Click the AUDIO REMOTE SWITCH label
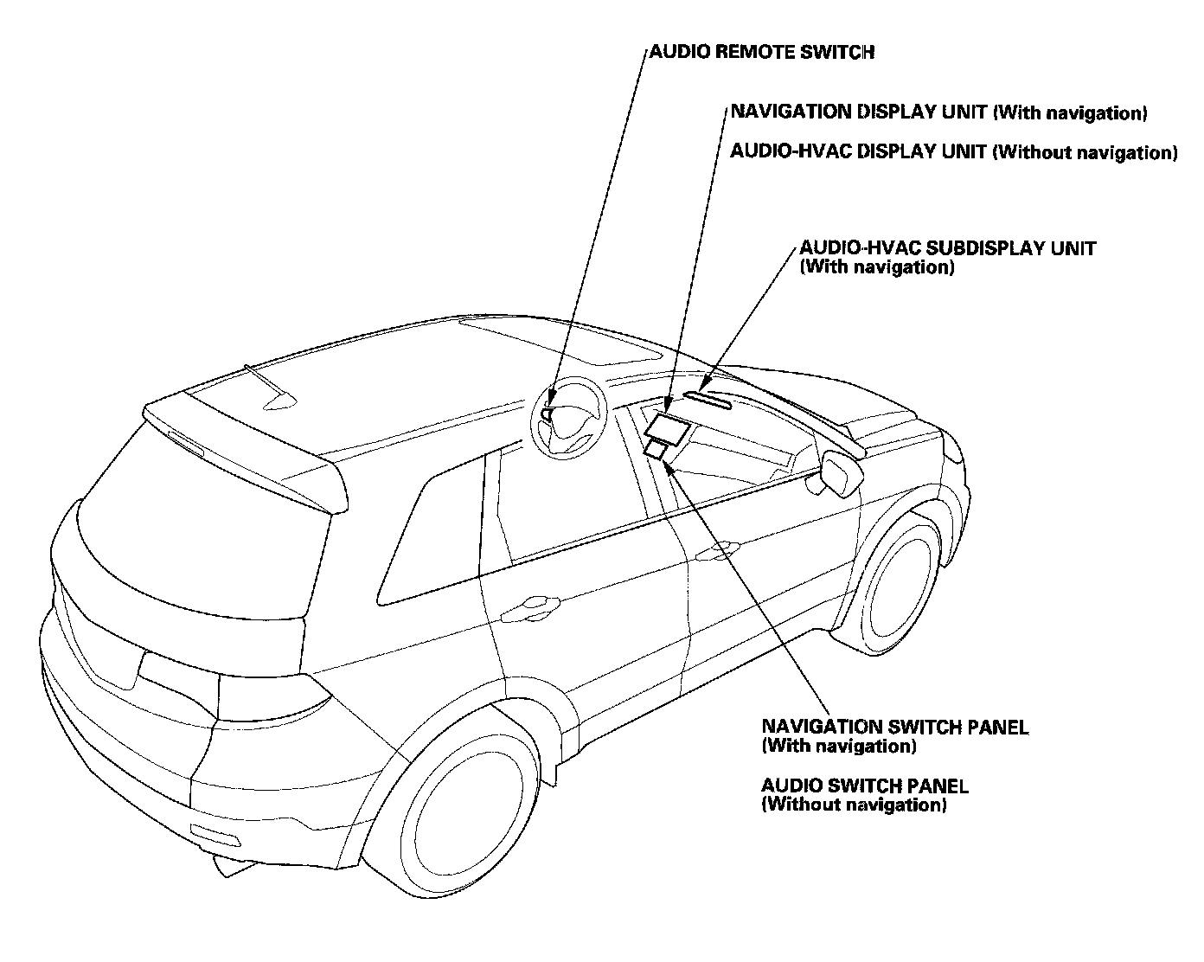pyautogui.click(x=761, y=52)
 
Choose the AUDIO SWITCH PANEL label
pyautogui.click(x=864, y=786)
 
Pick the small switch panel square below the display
pyautogui.click(x=658, y=450)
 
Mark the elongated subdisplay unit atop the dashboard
pyautogui.click(x=708, y=399)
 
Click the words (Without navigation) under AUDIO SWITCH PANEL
pyautogui.click(x=854, y=805)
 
